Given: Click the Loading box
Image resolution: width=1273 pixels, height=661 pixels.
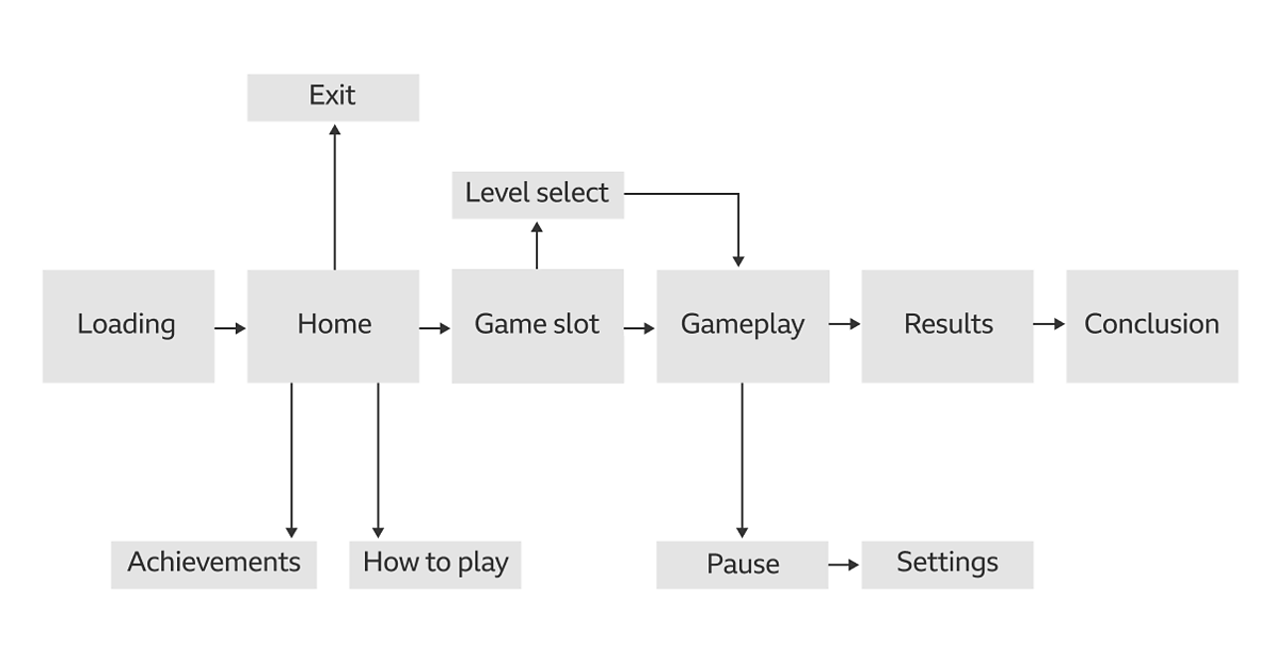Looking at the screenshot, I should (x=128, y=326).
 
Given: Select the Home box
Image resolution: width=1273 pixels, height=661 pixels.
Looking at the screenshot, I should (x=333, y=326).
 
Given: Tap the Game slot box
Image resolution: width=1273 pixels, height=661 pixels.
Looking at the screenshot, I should (x=537, y=326).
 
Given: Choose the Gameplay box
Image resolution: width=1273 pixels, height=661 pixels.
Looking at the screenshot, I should (x=742, y=326).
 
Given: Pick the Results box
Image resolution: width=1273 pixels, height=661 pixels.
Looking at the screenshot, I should (x=947, y=326).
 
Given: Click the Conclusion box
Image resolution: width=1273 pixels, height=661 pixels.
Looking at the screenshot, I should (x=1152, y=326).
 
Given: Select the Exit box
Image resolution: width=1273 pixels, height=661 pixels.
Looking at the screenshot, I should (x=333, y=97).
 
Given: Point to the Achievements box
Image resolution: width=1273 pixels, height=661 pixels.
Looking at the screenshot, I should (x=214, y=565).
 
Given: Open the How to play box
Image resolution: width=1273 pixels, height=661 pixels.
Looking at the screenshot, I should (x=435, y=565).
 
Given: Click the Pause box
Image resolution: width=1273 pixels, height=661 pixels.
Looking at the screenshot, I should (x=742, y=565).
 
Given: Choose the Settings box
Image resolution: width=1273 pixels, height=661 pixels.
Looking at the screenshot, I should (x=947, y=565).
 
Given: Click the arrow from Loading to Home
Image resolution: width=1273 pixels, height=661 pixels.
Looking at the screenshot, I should (x=230, y=328).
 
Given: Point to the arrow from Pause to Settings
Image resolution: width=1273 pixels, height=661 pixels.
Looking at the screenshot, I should (x=844, y=565).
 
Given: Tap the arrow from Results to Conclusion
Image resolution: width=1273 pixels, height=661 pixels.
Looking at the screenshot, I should (x=1049, y=324).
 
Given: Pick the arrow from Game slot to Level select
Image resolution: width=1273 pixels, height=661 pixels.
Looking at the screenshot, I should (x=537, y=245).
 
